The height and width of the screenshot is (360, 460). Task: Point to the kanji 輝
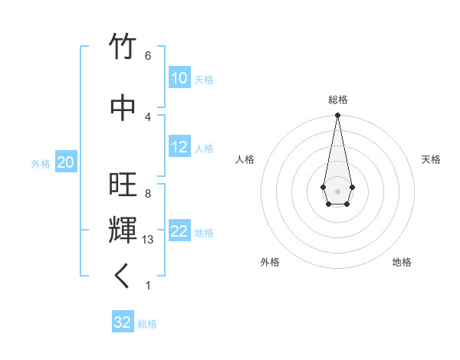click(x=123, y=229)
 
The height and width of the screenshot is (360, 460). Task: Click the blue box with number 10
click(x=179, y=78)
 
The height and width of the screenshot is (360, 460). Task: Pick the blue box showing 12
click(x=179, y=148)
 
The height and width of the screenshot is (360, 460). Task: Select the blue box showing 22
click(x=179, y=232)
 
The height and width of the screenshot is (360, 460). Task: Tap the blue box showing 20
click(x=65, y=162)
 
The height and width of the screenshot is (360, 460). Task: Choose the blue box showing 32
click(x=123, y=322)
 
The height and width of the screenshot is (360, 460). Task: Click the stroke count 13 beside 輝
click(x=148, y=240)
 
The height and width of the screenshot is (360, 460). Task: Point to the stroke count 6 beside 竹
click(x=147, y=56)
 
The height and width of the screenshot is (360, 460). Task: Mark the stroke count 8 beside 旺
click(x=147, y=194)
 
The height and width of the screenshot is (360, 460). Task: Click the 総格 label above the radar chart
click(x=337, y=100)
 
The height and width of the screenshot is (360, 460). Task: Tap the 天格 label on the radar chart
click(x=431, y=159)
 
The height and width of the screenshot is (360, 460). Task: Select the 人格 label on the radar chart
click(x=245, y=159)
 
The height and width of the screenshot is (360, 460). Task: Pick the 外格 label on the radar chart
click(x=270, y=262)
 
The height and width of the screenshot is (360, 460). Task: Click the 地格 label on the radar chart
click(x=402, y=262)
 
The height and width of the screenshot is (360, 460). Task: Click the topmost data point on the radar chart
click(x=337, y=116)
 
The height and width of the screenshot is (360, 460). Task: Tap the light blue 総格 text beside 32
click(x=147, y=324)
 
